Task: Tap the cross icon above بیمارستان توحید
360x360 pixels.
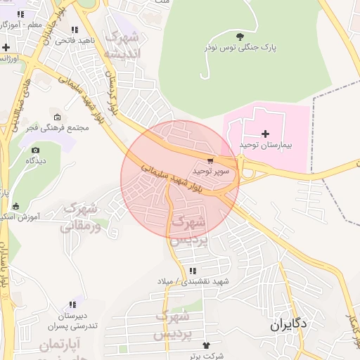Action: click(265, 133)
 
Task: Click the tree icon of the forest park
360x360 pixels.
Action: click(240, 36)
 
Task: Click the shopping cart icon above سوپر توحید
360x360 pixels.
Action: click(210, 160)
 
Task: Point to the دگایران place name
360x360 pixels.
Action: click(289, 326)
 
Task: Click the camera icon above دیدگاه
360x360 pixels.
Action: click(35, 149)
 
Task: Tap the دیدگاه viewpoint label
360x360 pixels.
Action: click(36, 160)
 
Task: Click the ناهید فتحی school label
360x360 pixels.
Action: click(75, 41)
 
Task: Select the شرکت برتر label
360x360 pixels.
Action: click(206, 356)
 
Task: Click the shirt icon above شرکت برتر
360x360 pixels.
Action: click(207, 345)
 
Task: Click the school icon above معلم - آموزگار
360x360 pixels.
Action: click(20, 14)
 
